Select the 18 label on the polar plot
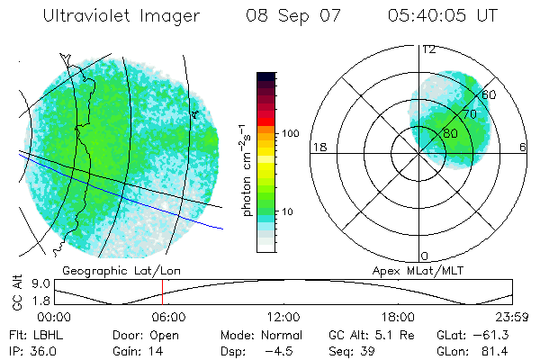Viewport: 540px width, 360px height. pos(319,147)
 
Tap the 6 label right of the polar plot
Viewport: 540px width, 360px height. pos(523,147)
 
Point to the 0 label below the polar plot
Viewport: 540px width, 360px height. pos(425,256)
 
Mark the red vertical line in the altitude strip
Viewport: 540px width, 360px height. pos(162,292)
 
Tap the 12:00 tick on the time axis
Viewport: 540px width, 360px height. pos(283,317)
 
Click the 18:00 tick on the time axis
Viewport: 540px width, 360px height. pos(398,317)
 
